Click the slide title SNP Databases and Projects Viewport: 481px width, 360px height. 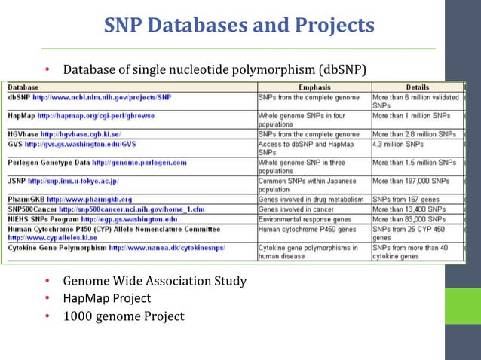[x=238, y=26]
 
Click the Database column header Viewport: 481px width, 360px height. [x=24, y=88]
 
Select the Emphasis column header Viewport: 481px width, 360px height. [x=314, y=88]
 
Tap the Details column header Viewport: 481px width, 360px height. [x=418, y=88]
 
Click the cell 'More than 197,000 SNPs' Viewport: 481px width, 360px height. [x=415, y=181]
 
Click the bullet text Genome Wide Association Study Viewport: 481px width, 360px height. [x=155, y=281]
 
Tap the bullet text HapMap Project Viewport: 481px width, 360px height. [x=107, y=298]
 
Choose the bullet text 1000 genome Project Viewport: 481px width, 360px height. [x=124, y=316]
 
